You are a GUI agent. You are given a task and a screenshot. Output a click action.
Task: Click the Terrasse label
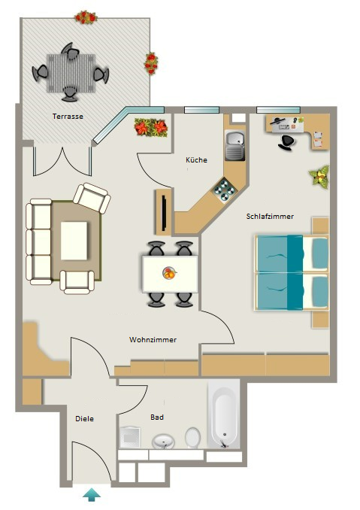click(x=68, y=117)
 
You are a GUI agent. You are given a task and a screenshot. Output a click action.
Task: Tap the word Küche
click(x=196, y=159)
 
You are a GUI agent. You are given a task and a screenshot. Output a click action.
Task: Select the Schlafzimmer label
click(x=270, y=217)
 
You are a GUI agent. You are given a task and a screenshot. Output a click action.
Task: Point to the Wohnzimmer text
click(x=153, y=339)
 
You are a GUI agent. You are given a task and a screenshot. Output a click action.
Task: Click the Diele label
click(x=84, y=418)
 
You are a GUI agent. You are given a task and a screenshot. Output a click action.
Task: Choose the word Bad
click(x=157, y=417)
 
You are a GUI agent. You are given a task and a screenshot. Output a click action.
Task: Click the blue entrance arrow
click(x=92, y=494)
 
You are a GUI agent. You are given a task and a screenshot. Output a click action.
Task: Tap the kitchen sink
click(x=235, y=146)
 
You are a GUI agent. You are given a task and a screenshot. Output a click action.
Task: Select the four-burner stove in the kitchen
click(x=224, y=189)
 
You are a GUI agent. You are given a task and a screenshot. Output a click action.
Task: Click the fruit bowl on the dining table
click(x=169, y=273)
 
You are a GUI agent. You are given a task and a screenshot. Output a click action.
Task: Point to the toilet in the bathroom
click(x=192, y=438)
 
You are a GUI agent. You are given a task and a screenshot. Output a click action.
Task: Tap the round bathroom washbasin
click(x=163, y=442)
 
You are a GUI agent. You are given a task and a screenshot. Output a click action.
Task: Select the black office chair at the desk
click(x=286, y=143)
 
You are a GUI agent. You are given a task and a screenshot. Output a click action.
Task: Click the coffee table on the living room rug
click(x=74, y=241)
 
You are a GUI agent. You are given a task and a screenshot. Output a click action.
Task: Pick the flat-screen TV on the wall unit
click(x=165, y=212)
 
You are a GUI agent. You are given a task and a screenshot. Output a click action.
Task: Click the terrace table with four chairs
click(x=71, y=73)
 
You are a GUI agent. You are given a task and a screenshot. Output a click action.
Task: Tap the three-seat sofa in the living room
click(x=38, y=242)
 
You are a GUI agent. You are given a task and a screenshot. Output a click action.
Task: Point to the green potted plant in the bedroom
click(x=319, y=175)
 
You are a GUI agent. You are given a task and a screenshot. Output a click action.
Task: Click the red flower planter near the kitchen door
click(x=151, y=127)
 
